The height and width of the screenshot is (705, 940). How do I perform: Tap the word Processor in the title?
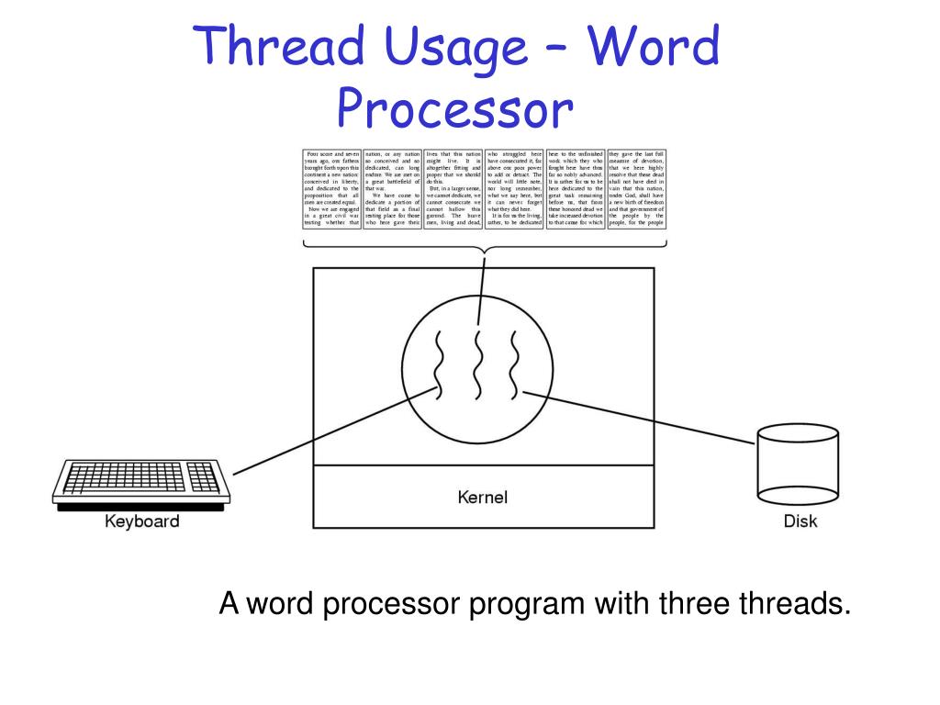(454, 111)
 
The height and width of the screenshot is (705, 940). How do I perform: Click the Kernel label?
(483, 498)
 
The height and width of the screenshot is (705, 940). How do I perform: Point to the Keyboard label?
(141, 522)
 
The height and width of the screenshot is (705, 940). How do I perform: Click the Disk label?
(800, 522)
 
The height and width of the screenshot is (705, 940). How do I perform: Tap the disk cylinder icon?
(798, 465)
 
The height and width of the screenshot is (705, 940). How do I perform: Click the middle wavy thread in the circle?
(477, 364)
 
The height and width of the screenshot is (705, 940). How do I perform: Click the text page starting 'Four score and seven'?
(332, 188)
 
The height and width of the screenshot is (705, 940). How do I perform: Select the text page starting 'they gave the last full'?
(636, 188)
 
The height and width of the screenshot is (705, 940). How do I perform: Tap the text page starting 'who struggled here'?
(514, 188)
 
